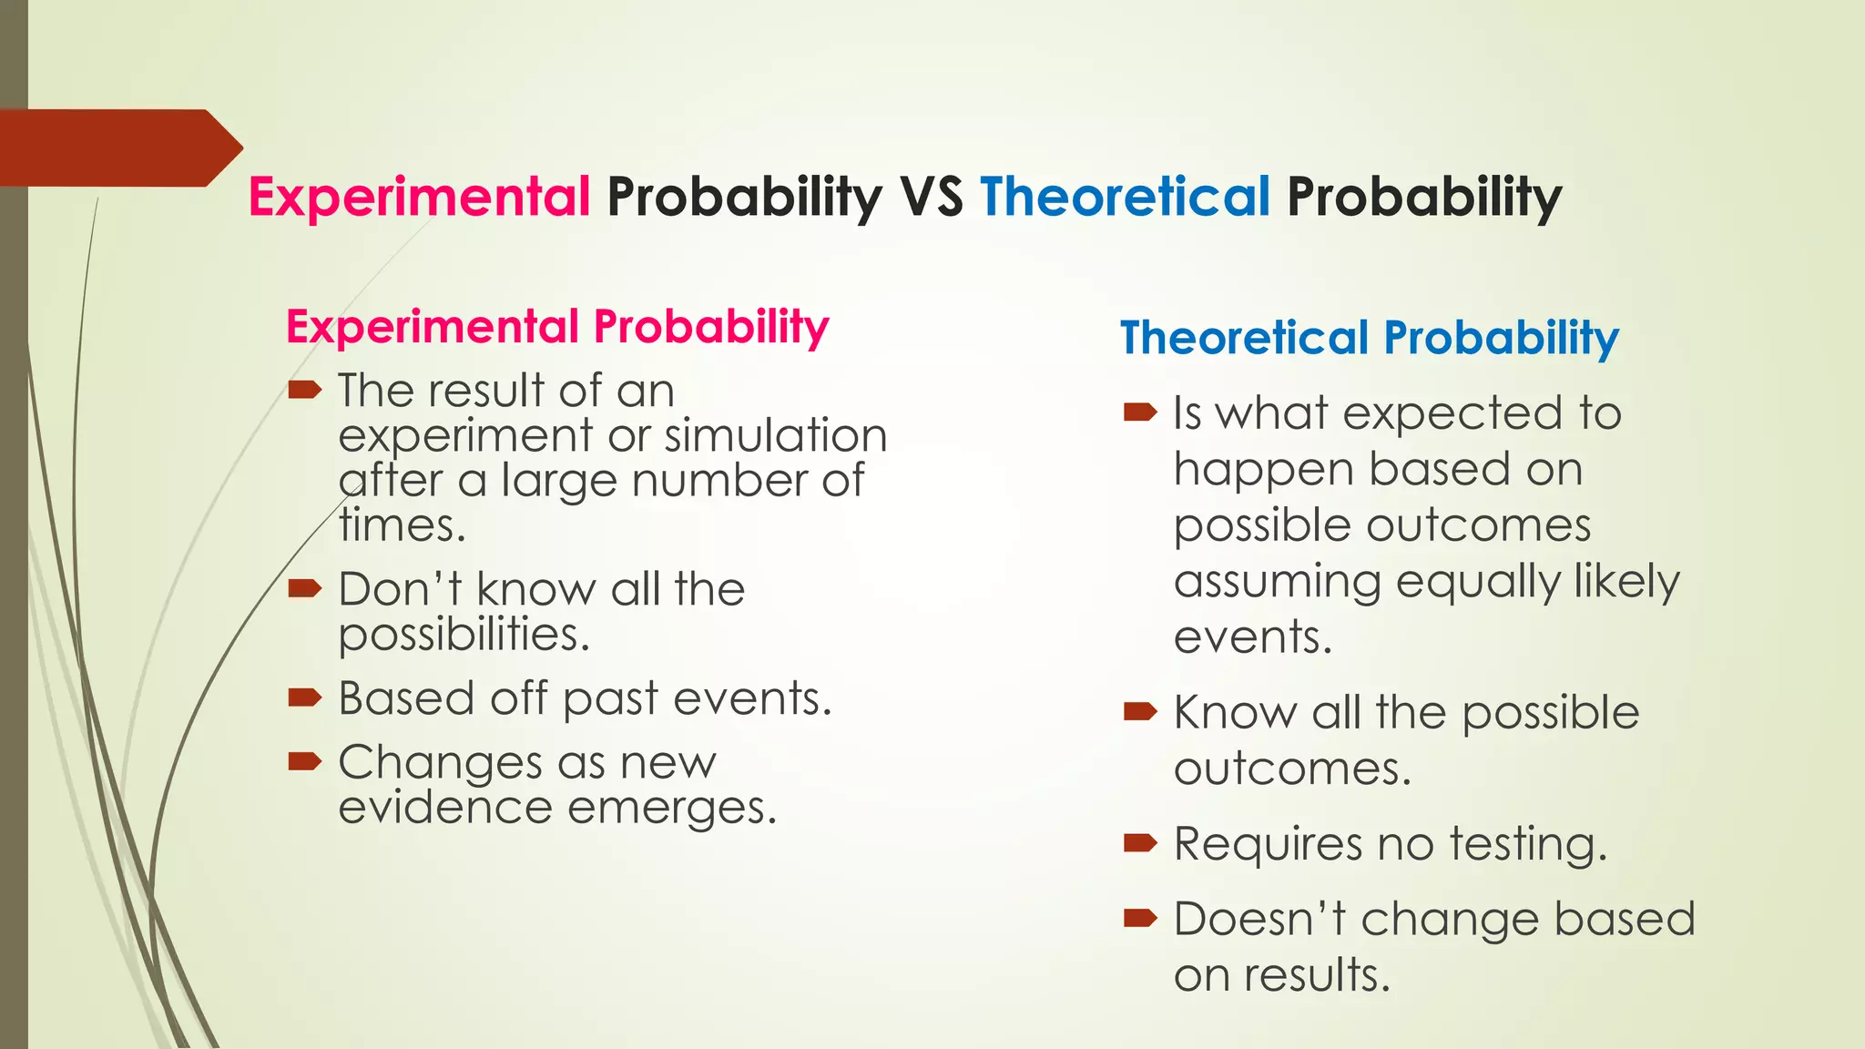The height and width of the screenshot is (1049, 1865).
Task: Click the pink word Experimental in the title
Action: tap(420, 198)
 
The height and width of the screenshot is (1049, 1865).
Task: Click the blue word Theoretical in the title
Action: tap(1125, 198)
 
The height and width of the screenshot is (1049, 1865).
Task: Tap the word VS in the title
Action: tap(931, 198)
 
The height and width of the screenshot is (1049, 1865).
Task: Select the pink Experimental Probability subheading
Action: tap(557, 327)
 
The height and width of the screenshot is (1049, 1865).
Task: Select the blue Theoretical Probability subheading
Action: tap(1369, 338)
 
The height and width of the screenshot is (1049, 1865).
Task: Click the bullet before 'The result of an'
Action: tap(304, 391)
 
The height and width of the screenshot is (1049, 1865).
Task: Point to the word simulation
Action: tap(775, 435)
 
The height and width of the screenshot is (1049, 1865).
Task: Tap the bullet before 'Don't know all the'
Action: tap(304, 588)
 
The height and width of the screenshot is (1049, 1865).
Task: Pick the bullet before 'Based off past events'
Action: tap(304, 698)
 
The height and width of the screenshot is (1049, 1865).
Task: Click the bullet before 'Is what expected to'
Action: tap(1140, 413)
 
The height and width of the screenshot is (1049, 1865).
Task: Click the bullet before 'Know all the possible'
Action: tap(1140, 711)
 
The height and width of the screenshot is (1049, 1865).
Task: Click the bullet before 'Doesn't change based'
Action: tap(1140, 918)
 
